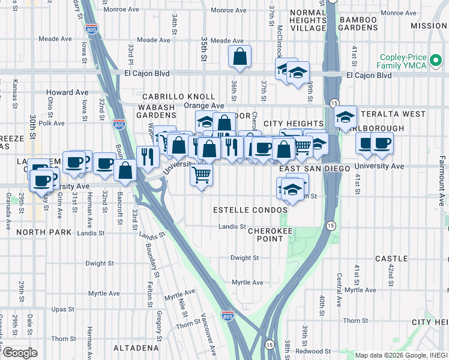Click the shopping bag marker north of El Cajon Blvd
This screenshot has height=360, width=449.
click(240, 58)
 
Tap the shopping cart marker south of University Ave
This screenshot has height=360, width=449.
click(202, 175)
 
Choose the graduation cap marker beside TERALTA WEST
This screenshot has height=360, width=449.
click(345, 117)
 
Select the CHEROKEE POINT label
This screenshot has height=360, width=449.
click(265, 234)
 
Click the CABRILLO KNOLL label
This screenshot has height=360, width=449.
click(178, 97)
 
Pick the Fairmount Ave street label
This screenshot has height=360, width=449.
click(441, 180)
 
